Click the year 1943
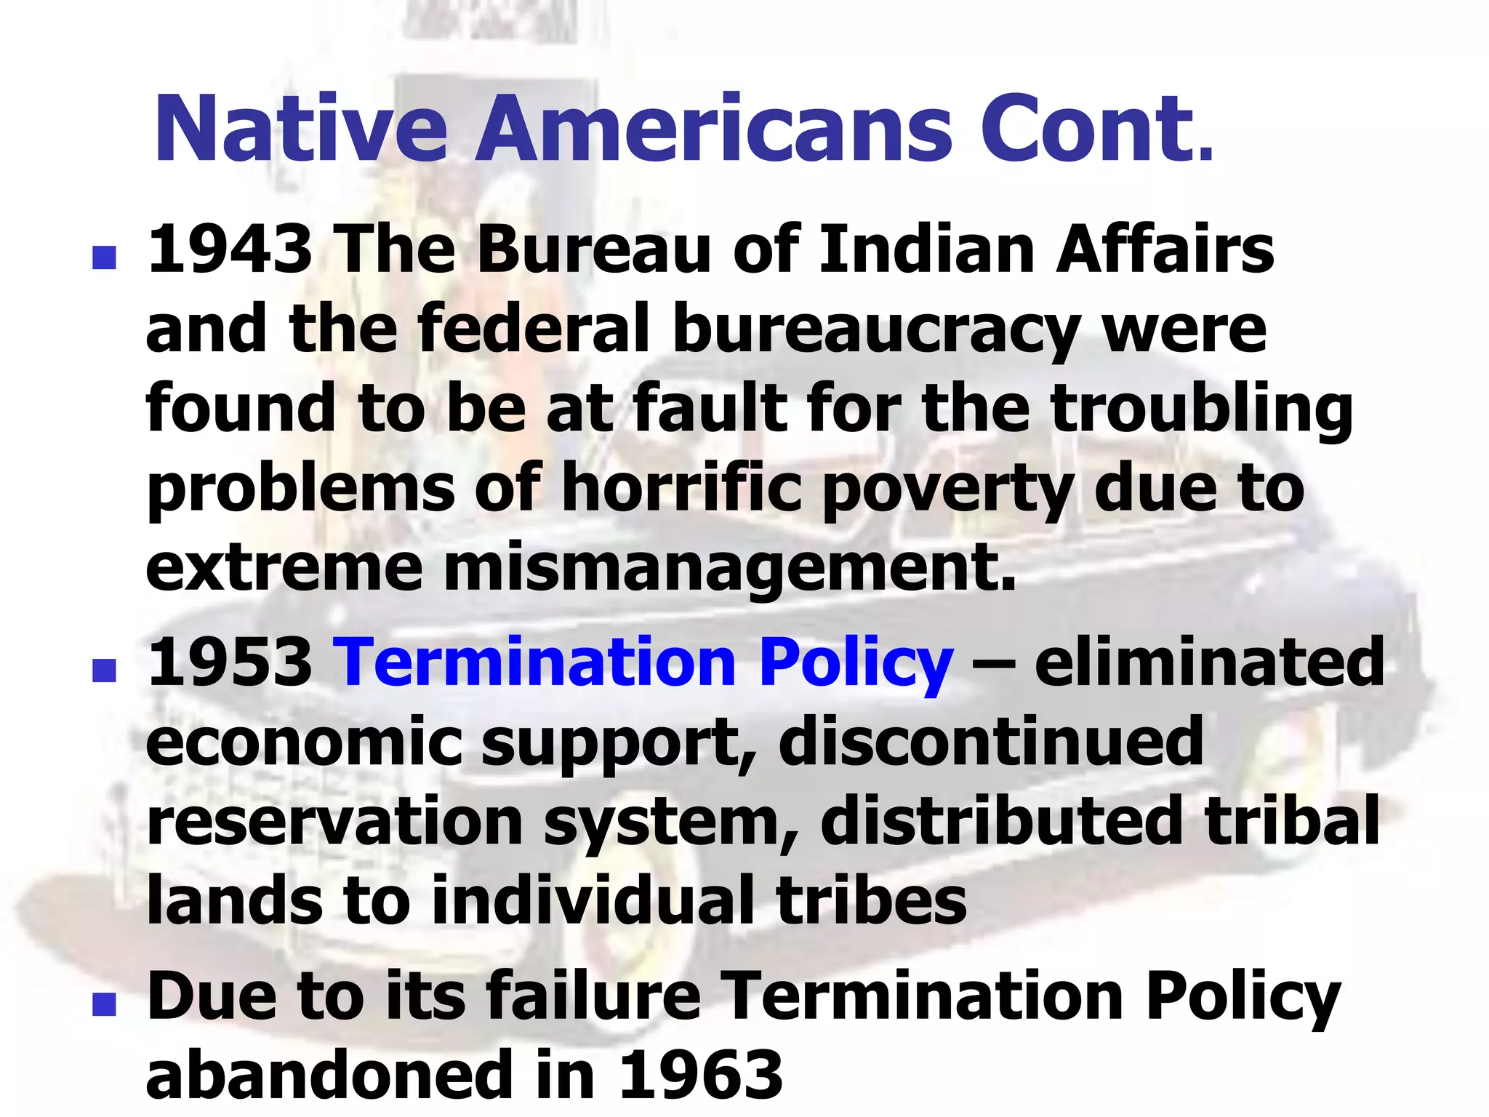(230, 249)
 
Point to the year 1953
(230, 661)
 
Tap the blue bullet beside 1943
(105, 257)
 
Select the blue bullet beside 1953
(105, 669)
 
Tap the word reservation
(335, 822)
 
